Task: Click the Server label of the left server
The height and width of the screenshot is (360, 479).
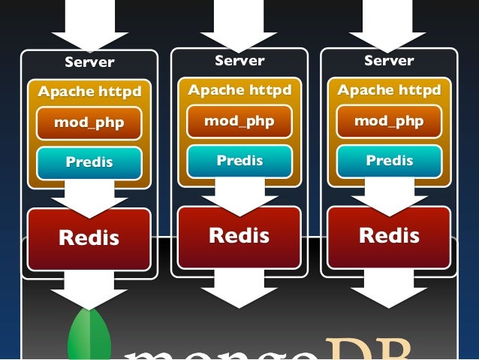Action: [89, 62]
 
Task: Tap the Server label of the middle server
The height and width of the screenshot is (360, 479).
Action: [239, 60]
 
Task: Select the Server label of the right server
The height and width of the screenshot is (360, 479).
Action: [389, 60]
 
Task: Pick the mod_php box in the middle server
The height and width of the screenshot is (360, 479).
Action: [239, 121]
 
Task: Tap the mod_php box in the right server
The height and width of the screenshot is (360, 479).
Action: [389, 121]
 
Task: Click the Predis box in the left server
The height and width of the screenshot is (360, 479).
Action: [89, 162]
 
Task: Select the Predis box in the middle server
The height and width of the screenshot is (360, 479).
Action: [239, 160]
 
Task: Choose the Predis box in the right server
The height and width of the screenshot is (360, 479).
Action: [389, 160]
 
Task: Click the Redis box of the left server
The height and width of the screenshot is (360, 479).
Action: [89, 238]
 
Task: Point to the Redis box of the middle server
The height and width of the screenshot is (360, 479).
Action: [239, 236]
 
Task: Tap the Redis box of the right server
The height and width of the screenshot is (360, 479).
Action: [389, 236]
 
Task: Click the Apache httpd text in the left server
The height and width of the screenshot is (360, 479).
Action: [89, 92]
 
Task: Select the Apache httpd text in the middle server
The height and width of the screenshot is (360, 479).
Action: [239, 90]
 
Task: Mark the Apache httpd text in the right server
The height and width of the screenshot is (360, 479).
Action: [389, 90]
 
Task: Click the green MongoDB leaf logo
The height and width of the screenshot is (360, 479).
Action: [89, 334]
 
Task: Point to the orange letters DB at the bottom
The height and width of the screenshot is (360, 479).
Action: [368, 349]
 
